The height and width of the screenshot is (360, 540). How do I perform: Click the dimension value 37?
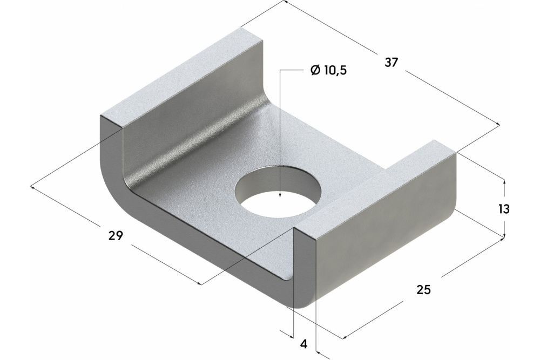(x=391, y=62)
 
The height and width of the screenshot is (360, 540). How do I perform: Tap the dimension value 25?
(x=424, y=290)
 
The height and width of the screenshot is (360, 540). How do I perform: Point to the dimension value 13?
(x=504, y=209)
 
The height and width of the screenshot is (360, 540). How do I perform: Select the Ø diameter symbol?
(x=316, y=71)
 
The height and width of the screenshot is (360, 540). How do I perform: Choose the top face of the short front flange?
(x=378, y=189)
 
